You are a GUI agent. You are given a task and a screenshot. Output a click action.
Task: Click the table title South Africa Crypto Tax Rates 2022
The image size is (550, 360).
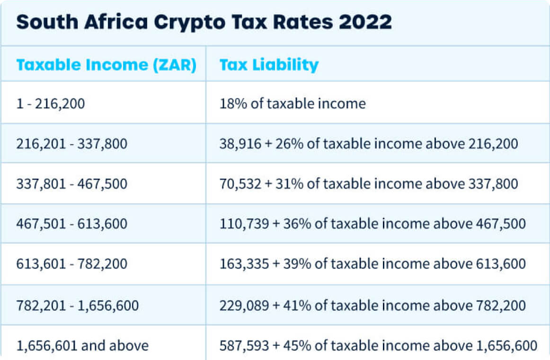(x=204, y=23)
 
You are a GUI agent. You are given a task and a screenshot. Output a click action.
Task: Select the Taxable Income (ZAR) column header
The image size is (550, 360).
(x=106, y=65)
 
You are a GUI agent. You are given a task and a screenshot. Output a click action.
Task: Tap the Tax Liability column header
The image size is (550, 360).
(x=269, y=65)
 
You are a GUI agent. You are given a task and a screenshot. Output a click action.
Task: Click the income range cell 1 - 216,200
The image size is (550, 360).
(x=51, y=103)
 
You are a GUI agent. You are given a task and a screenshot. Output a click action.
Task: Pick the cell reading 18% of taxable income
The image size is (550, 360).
(x=293, y=103)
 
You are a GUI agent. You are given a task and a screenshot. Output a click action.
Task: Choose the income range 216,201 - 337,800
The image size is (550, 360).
(x=72, y=144)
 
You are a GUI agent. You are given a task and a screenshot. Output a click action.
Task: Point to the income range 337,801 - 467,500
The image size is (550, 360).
(x=72, y=183)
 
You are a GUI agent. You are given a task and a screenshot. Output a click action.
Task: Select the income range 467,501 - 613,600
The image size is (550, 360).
(x=72, y=224)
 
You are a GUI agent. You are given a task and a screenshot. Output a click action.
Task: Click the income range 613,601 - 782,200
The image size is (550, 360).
(x=72, y=264)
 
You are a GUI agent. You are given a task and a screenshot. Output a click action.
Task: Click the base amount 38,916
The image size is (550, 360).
(x=240, y=144)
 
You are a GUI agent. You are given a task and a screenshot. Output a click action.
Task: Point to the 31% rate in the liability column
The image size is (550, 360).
(x=294, y=183)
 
